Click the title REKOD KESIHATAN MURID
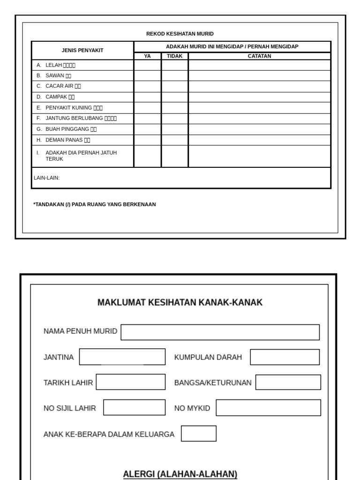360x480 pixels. pyautogui.click(x=180, y=34)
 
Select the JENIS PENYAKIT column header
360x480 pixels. pyautogui.click(x=82, y=50)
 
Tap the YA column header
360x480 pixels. pyautogui.click(x=147, y=56)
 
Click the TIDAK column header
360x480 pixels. pyautogui.click(x=175, y=56)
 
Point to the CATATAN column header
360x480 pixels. pyautogui.click(x=259, y=56)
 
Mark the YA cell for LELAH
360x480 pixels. pyautogui.click(x=147, y=65)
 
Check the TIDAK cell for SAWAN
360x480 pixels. pyautogui.click(x=175, y=75)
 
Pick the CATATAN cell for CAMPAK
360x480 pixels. pyautogui.click(x=259, y=97)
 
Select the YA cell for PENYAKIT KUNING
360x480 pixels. pyautogui.click(x=147, y=108)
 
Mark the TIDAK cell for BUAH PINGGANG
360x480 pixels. pyautogui.click(x=175, y=129)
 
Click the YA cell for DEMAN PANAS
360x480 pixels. pyautogui.click(x=147, y=140)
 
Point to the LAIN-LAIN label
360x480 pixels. pyautogui.click(x=47, y=178)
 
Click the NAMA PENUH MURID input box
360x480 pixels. pyautogui.click(x=220, y=332)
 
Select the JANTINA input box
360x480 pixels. pyautogui.click(x=122, y=357)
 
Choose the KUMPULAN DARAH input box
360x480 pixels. pyautogui.click(x=285, y=357)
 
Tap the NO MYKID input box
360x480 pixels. pyautogui.click(x=268, y=408)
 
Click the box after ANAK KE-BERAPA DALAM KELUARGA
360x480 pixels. pyautogui.click(x=199, y=434)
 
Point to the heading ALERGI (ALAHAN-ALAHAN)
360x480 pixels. pyautogui.click(x=180, y=474)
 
